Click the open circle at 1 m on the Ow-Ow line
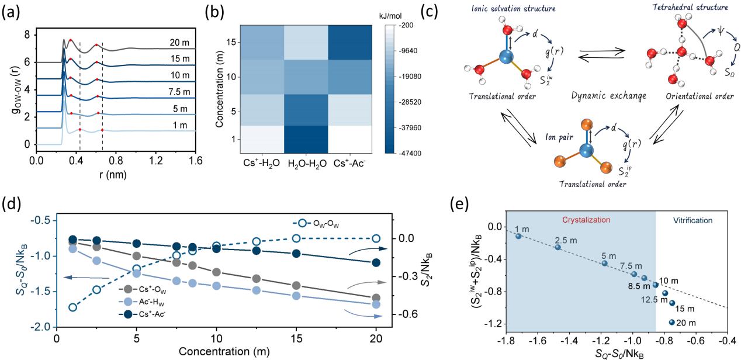click(72, 307)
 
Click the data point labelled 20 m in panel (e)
click(672, 322)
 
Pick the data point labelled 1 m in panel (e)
click(518, 236)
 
